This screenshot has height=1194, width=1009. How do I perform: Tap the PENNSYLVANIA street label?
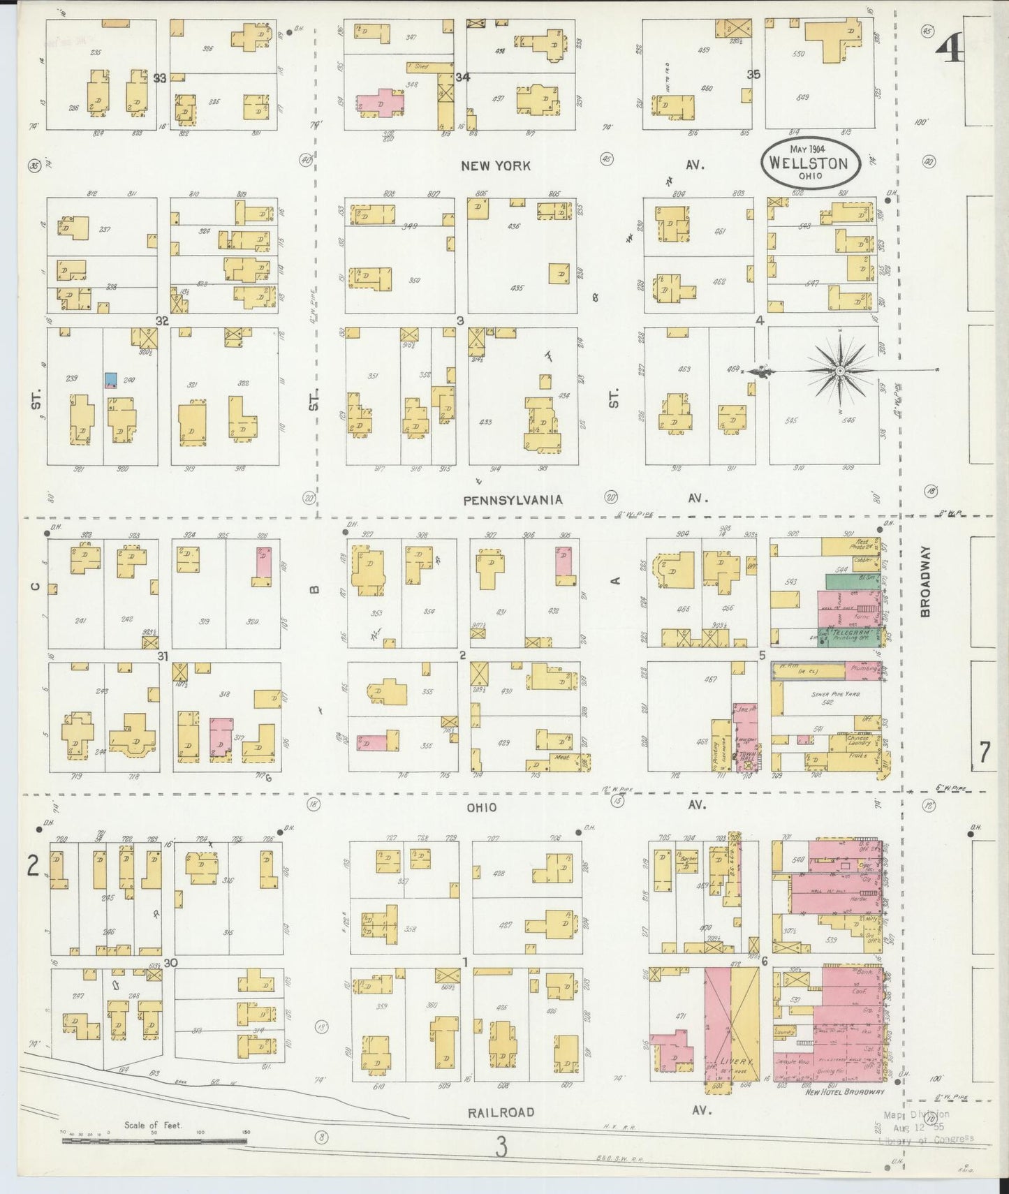tap(513, 499)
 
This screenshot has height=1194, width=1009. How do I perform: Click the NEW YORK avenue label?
tap(495, 165)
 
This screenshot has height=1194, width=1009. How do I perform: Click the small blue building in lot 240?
tap(110, 380)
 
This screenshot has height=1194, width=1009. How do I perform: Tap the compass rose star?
tap(840, 370)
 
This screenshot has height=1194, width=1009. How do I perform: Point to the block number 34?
tap(463, 76)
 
